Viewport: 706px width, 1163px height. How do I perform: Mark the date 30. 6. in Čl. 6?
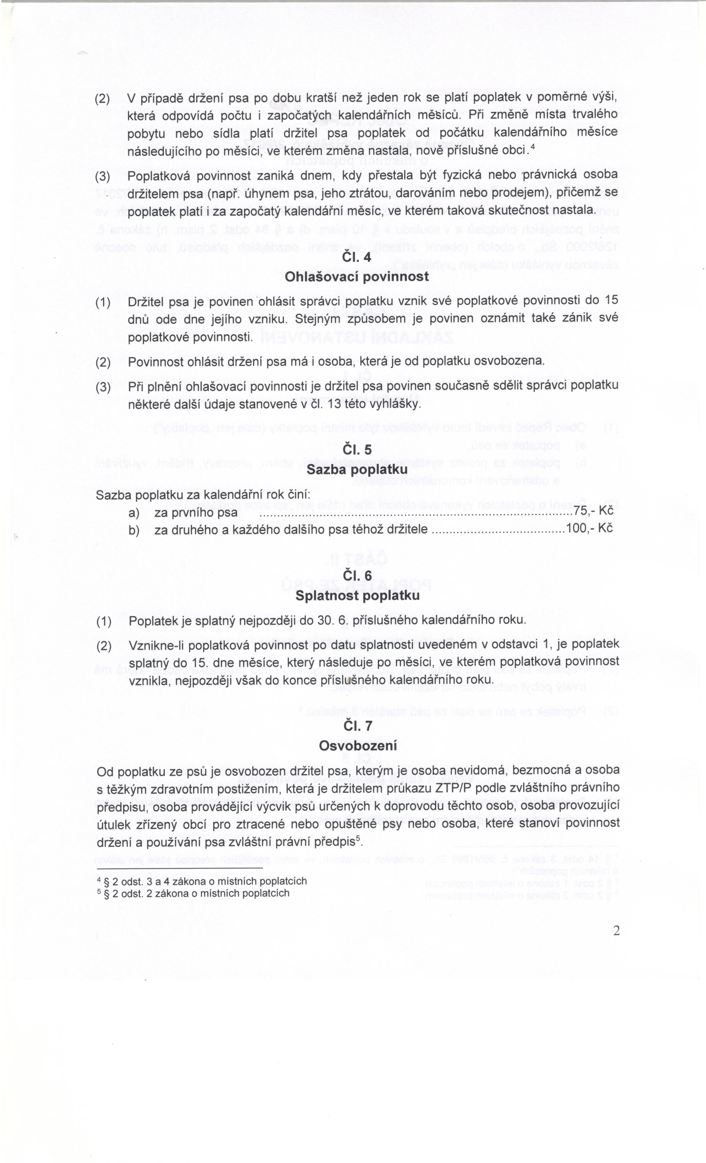click(x=333, y=620)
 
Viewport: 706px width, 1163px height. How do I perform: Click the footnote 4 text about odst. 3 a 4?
click(x=202, y=881)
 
